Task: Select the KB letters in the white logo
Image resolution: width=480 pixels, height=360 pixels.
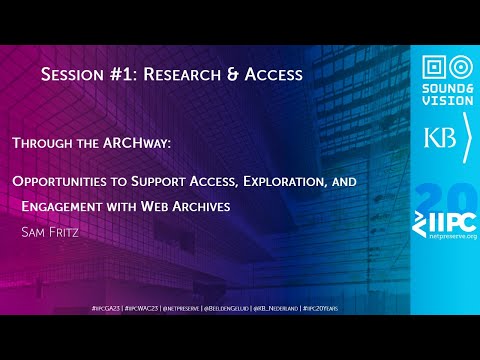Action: pyautogui.click(x=437, y=139)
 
